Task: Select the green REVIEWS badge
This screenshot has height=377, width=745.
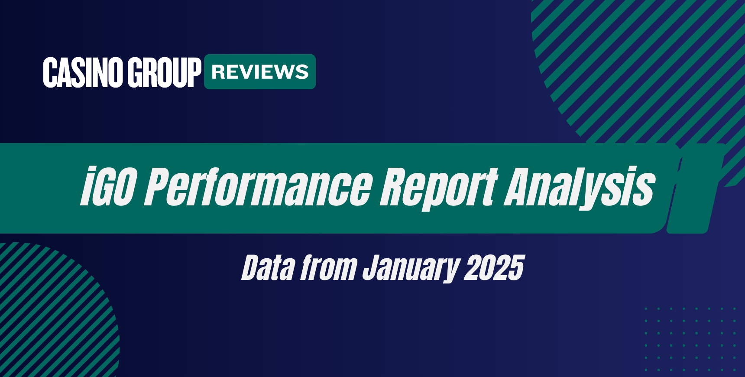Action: tap(260, 72)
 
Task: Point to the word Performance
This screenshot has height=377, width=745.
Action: tap(258, 187)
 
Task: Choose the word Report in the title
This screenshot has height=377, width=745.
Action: tap(438, 187)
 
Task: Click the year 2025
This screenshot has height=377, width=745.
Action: tap(494, 268)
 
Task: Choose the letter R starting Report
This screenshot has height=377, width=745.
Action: tap(392, 187)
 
